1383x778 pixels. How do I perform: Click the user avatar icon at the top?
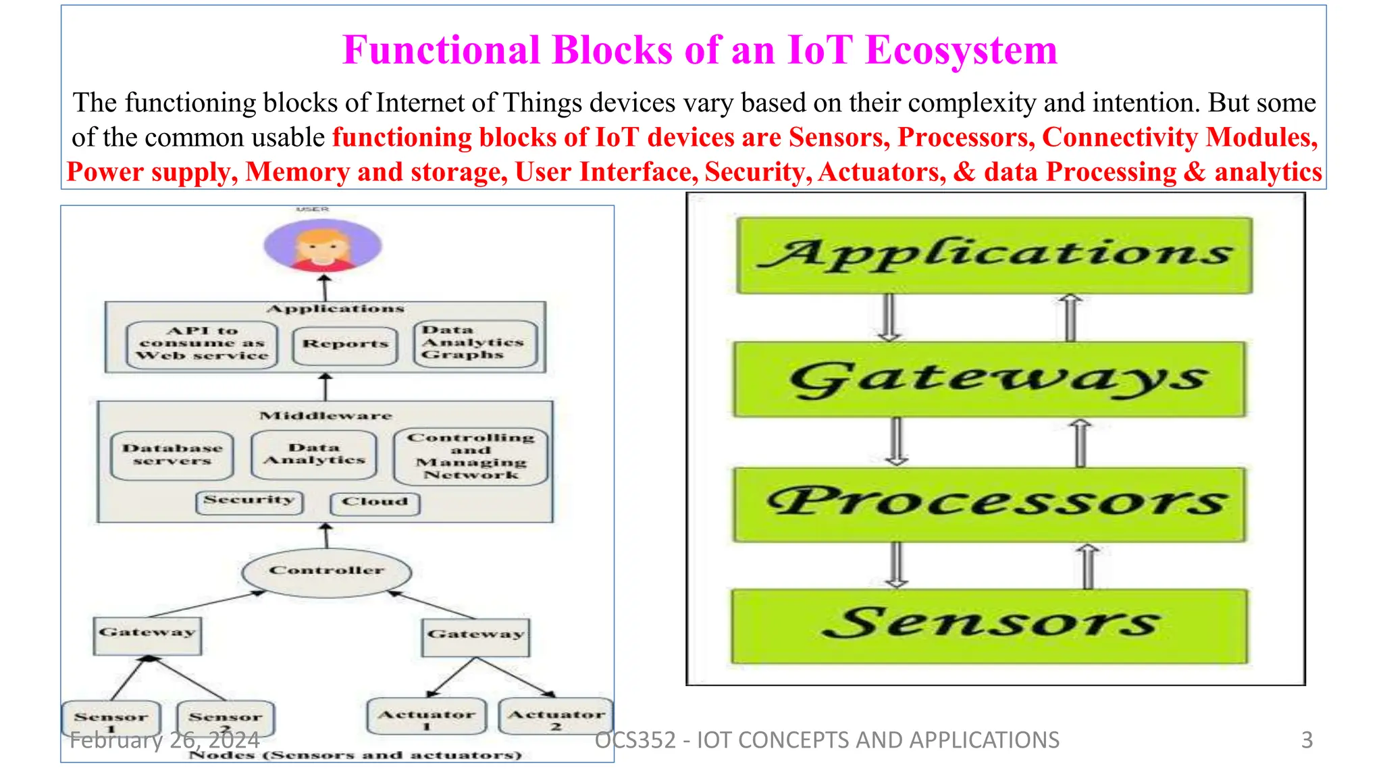(323, 245)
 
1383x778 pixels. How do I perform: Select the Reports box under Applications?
(345, 345)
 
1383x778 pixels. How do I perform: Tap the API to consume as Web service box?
(202, 344)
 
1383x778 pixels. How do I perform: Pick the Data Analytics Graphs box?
(475, 343)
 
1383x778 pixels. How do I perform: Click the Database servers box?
(172, 455)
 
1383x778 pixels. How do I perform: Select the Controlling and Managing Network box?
(471, 457)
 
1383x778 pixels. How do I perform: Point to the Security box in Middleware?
(249, 502)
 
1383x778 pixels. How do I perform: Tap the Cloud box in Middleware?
(375, 503)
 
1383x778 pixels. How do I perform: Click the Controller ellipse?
(327, 571)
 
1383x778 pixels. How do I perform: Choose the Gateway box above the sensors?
(147, 635)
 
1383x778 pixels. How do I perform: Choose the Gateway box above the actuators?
(475, 636)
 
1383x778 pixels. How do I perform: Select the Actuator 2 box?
(555, 717)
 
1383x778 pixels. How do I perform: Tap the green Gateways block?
(990, 379)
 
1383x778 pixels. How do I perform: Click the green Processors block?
(990, 504)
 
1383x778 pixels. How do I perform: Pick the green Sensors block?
(990, 625)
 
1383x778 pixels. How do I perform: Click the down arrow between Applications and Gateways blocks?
(889, 317)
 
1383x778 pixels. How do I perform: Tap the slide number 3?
(1307, 740)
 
